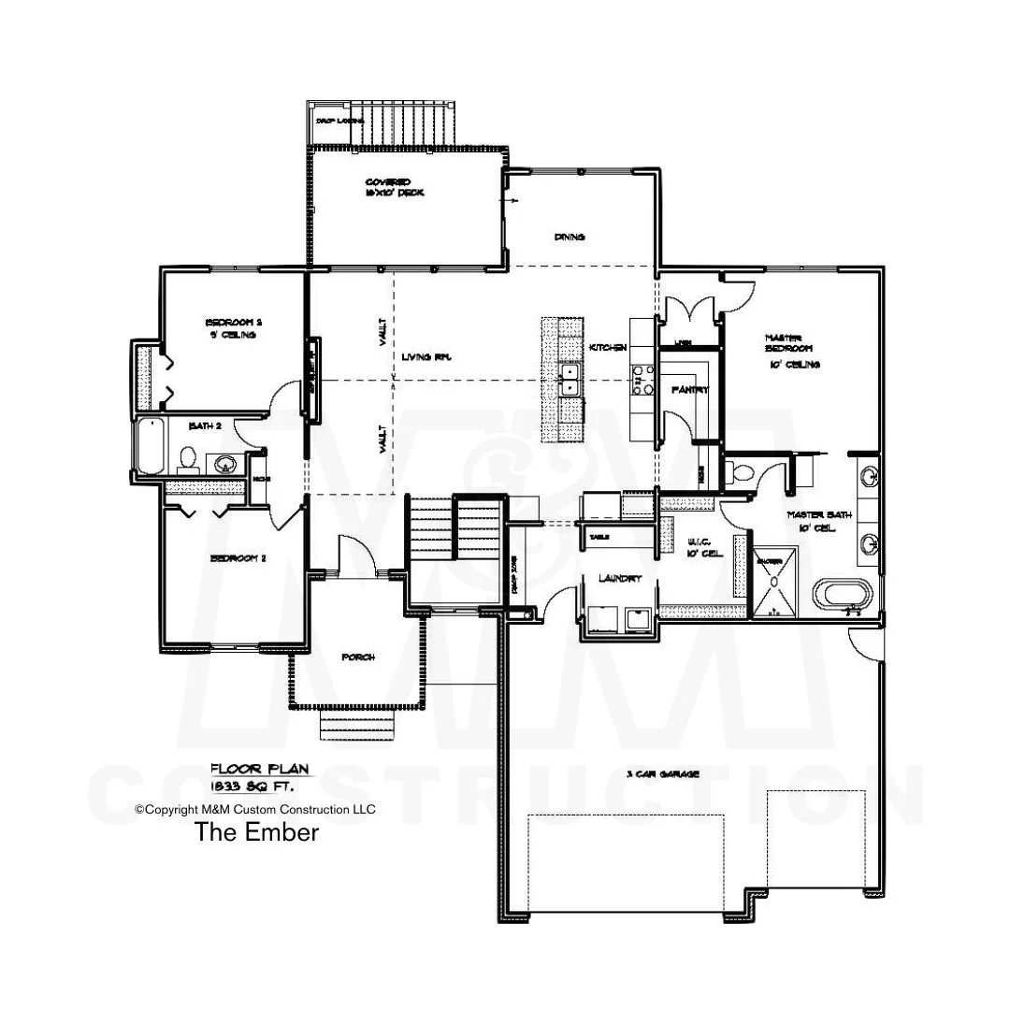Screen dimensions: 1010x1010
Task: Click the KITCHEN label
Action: [607, 348]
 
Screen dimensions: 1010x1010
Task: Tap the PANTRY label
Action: [689, 389]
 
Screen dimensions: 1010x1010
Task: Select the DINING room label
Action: [570, 238]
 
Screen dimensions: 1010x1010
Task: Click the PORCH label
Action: [358, 657]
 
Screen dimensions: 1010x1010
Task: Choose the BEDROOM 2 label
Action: [238, 558]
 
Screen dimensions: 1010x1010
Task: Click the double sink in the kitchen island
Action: [569, 380]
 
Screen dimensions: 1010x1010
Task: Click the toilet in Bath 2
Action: [188, 459]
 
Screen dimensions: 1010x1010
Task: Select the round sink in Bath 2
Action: [224, 463]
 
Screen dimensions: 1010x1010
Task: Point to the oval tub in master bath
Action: [843, 594]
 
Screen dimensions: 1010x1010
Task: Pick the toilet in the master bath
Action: [743, 470]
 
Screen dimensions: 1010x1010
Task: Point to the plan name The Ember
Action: [256, 831]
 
